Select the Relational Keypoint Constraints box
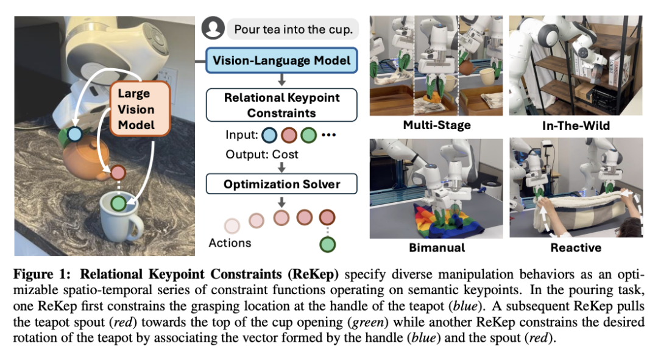pos(281,105)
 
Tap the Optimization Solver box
pos(281,184)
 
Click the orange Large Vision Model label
pos(136,110)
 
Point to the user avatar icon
pos(213,29)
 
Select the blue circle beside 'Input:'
pos(270,135)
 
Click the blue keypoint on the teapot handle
pos(74,134)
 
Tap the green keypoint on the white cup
pos(118,203)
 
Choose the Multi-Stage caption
pos(436,126)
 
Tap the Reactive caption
pos(576,248)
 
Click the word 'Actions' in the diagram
pos(230,243)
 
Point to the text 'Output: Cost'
pos(262,155)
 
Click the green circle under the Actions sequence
pos(327,245)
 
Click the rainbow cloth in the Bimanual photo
pos(426,221)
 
